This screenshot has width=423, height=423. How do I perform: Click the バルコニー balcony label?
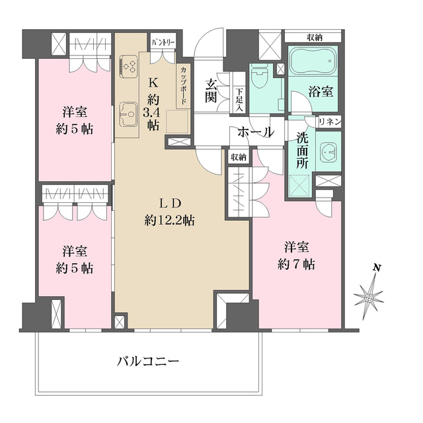[148, 362]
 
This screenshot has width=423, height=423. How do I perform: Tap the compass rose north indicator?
[369, 299]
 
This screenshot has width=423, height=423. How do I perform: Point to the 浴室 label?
[321, 92]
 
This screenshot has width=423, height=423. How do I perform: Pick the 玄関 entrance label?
[211, 91]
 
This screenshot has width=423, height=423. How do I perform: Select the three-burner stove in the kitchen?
[128, 65]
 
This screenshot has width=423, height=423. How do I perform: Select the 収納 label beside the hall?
[239, 157]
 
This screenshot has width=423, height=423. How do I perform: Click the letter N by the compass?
[377, 268]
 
